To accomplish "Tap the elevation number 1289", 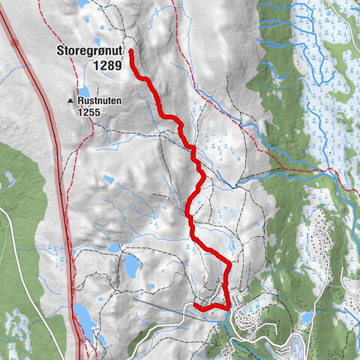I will point(107,65).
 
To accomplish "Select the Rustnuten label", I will point(100,99).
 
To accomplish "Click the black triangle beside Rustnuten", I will point(72,99).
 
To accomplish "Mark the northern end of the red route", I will point(131,51).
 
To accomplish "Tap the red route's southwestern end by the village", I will point(195,305).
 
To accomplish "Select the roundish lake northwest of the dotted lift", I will point(132,264).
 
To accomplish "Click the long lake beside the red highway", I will point(84,318).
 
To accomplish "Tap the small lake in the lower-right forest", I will point(307,316).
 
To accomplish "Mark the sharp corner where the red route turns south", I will point(228,263).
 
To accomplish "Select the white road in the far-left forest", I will point(16,247).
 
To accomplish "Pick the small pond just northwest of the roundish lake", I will point(114,247).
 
